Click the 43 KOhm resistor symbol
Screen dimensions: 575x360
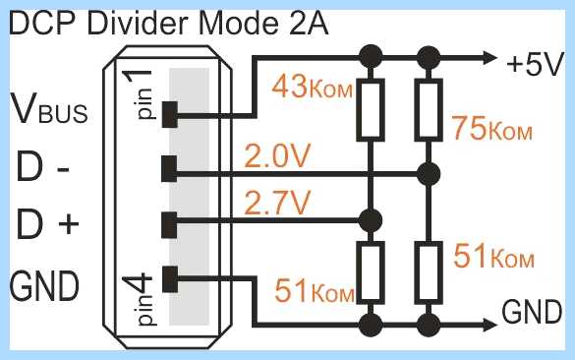coord(371,110)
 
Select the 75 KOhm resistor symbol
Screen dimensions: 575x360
coord(429,110)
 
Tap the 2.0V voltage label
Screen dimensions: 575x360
coord(277,155)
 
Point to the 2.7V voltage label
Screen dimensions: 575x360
coord(277,203)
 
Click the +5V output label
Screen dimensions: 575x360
coord(535,65)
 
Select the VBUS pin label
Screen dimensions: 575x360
coord(49,108)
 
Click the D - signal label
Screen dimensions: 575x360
coord(43,167)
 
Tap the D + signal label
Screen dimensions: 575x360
coord(48,222)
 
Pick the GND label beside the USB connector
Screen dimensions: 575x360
coord(44,285)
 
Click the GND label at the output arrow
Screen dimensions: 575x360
coord(532,312)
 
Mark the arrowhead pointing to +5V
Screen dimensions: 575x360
coord(490,58)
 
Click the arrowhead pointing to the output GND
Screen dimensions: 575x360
coord(490,325)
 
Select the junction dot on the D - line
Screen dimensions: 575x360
coord(429,174)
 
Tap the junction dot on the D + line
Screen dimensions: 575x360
coord(371,220)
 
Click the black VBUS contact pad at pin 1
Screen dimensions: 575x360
coord(170,114)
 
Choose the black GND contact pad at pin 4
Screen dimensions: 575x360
coord(170,279)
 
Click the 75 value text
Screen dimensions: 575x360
coord(469,128)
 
